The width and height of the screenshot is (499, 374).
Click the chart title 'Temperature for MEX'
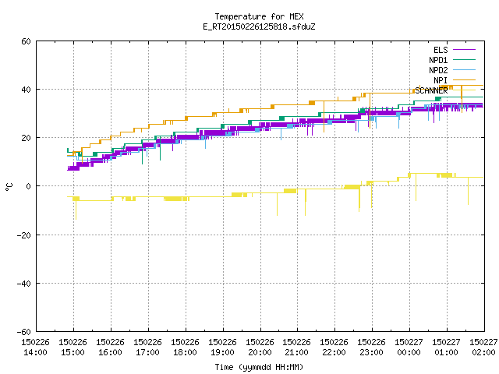(x=259, y=16)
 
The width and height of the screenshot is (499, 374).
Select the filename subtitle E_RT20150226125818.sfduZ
(x=259, y=26)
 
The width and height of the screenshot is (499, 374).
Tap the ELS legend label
(x=441, y=50)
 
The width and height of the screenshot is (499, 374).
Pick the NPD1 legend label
(x=438, y=60)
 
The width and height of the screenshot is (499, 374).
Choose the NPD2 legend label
(x=438, y=70)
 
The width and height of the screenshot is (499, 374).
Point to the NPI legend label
(x=441, y=80)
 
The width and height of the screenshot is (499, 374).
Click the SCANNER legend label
(x=431, y=90)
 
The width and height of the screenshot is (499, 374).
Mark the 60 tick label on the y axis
(x=26, y=41)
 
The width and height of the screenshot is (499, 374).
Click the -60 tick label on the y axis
(x=24, y=332)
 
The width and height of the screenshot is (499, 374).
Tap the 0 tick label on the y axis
(x=29, y=186)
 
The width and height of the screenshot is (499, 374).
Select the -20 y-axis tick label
(x=24, y=235)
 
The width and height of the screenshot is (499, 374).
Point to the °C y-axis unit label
(x=9, y=187)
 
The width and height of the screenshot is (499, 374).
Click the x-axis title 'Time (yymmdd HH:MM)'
(x=259, y=367)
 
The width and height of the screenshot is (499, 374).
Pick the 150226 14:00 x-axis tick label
(x=35, y=348)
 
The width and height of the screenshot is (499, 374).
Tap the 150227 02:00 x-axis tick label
(x=483, y=348)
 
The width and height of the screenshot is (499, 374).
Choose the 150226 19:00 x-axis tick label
(x=222, y=348)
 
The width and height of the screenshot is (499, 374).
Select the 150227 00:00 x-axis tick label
(x=409, y=348)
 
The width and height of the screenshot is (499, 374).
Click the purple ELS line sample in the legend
(x=465, y=50)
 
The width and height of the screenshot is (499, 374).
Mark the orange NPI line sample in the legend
(x=465, y=80)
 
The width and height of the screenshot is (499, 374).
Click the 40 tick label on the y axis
(x=26, y=90)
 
